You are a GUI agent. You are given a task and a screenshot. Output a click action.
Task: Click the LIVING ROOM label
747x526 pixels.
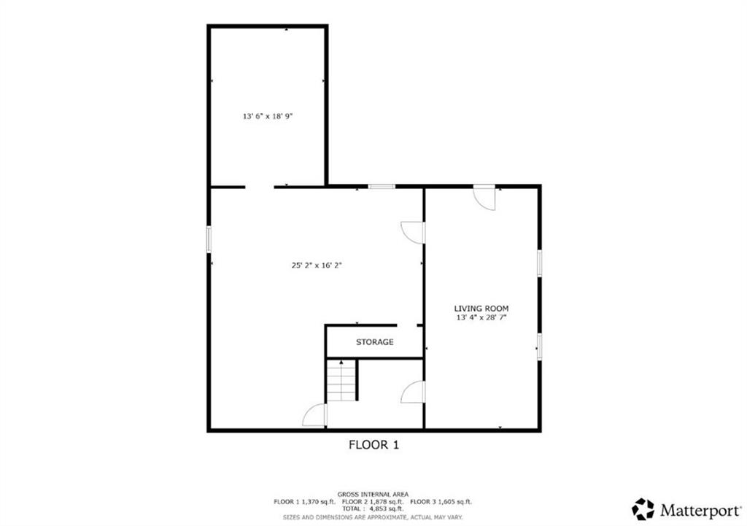pos(481,309)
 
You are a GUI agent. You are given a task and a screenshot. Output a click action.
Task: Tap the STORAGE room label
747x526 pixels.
pos(374,342)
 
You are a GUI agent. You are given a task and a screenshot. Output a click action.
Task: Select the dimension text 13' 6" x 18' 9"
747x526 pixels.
pos(268,116)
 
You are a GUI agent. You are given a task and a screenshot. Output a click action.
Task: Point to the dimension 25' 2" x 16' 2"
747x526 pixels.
pos(317,266)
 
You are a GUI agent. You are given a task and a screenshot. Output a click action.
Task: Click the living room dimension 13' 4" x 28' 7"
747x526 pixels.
pos(481,318)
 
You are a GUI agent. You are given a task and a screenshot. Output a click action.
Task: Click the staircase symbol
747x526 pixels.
pos(341,380)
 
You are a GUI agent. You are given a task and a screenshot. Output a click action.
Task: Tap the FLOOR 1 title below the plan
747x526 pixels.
pos(373,444)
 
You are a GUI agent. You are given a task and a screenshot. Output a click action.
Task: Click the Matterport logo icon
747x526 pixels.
pos(643,508)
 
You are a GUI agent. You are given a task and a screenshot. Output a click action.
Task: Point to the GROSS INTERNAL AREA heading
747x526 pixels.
pos(373,494)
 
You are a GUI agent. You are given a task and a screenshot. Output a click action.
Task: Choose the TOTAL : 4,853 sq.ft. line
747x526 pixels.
pos(373,508)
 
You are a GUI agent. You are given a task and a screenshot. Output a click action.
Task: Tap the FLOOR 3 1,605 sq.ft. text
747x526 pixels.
pos(441,501)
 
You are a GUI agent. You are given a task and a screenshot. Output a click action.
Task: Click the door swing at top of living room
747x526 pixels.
pos(484,198)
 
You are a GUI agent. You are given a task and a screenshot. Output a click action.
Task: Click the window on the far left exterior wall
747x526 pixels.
pos(209,239)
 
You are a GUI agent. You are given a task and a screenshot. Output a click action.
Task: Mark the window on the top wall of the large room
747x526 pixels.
pos(381,187)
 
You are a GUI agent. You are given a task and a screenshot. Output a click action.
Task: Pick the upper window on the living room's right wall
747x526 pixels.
pos(539,263)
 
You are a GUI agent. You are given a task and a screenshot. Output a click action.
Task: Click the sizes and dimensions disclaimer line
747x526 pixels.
pos(373,517)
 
